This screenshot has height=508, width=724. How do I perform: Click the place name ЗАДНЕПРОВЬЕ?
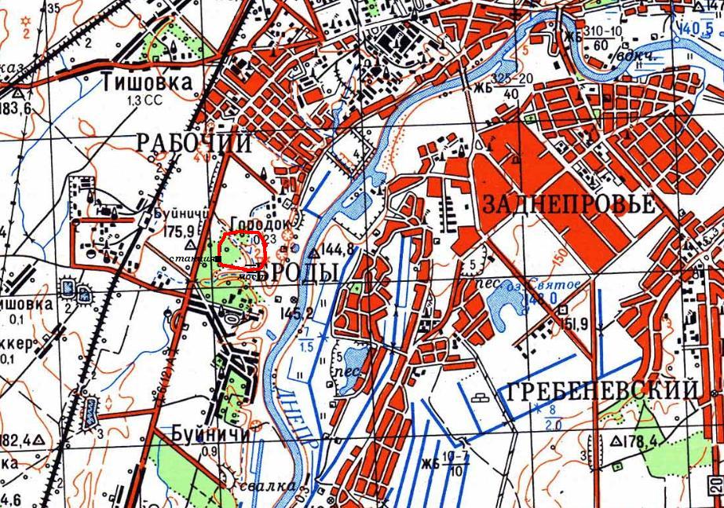(x=569, y=205)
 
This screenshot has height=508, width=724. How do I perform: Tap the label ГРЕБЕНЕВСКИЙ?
(x=602, y=390)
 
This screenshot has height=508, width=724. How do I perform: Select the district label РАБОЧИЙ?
(x=194, y=143)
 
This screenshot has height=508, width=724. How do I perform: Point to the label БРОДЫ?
(x=301, y=272)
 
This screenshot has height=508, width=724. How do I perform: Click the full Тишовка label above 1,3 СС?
(x=146, y=82)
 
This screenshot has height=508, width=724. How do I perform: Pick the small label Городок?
(x=256, y=223)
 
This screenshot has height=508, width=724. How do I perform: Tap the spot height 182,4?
(x=16, y=438)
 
